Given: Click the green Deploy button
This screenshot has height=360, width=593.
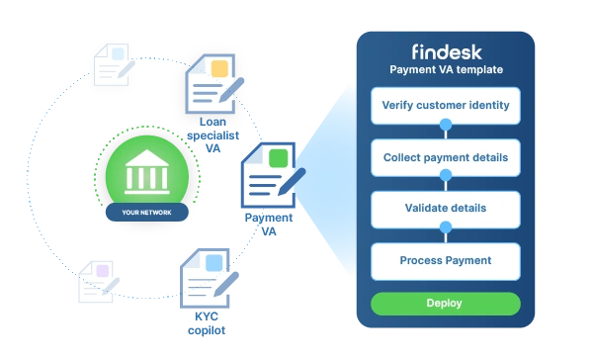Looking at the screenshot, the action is point(446,304).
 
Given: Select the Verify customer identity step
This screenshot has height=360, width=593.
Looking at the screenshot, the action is point(446,106).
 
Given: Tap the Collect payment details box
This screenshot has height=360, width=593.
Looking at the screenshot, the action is point(446,157).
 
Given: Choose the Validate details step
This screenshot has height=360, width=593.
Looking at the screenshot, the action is point(446,210).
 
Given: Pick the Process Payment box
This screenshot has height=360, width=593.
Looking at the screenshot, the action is point(446,261).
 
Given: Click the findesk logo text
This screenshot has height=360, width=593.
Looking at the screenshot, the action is point(447,52).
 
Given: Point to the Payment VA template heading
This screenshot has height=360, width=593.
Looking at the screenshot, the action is point(447,69).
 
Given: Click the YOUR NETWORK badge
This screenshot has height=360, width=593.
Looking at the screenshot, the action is point(146,212).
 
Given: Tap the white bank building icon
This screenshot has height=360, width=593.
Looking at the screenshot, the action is point(146,172).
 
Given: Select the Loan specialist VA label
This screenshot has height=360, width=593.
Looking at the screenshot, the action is point(212,135).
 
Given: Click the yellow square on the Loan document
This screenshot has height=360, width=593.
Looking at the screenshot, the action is point(219,69).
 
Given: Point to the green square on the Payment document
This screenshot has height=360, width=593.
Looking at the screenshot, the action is point(278,158).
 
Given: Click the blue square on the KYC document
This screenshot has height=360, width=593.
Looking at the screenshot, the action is point(213,263).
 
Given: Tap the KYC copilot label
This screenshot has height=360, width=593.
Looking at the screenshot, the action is point(207,323).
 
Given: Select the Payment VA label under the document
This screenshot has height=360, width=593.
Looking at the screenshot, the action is point(269,225).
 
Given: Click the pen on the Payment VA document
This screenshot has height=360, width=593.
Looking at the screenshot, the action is point(292,182).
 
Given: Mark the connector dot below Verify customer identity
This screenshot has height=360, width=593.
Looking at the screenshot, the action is point(446,125).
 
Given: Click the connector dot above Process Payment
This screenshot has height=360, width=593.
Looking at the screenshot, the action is point(446,227).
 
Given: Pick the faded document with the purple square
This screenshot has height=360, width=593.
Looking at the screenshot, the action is point(98,282).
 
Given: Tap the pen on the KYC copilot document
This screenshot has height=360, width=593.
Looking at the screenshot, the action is point(226,284).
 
